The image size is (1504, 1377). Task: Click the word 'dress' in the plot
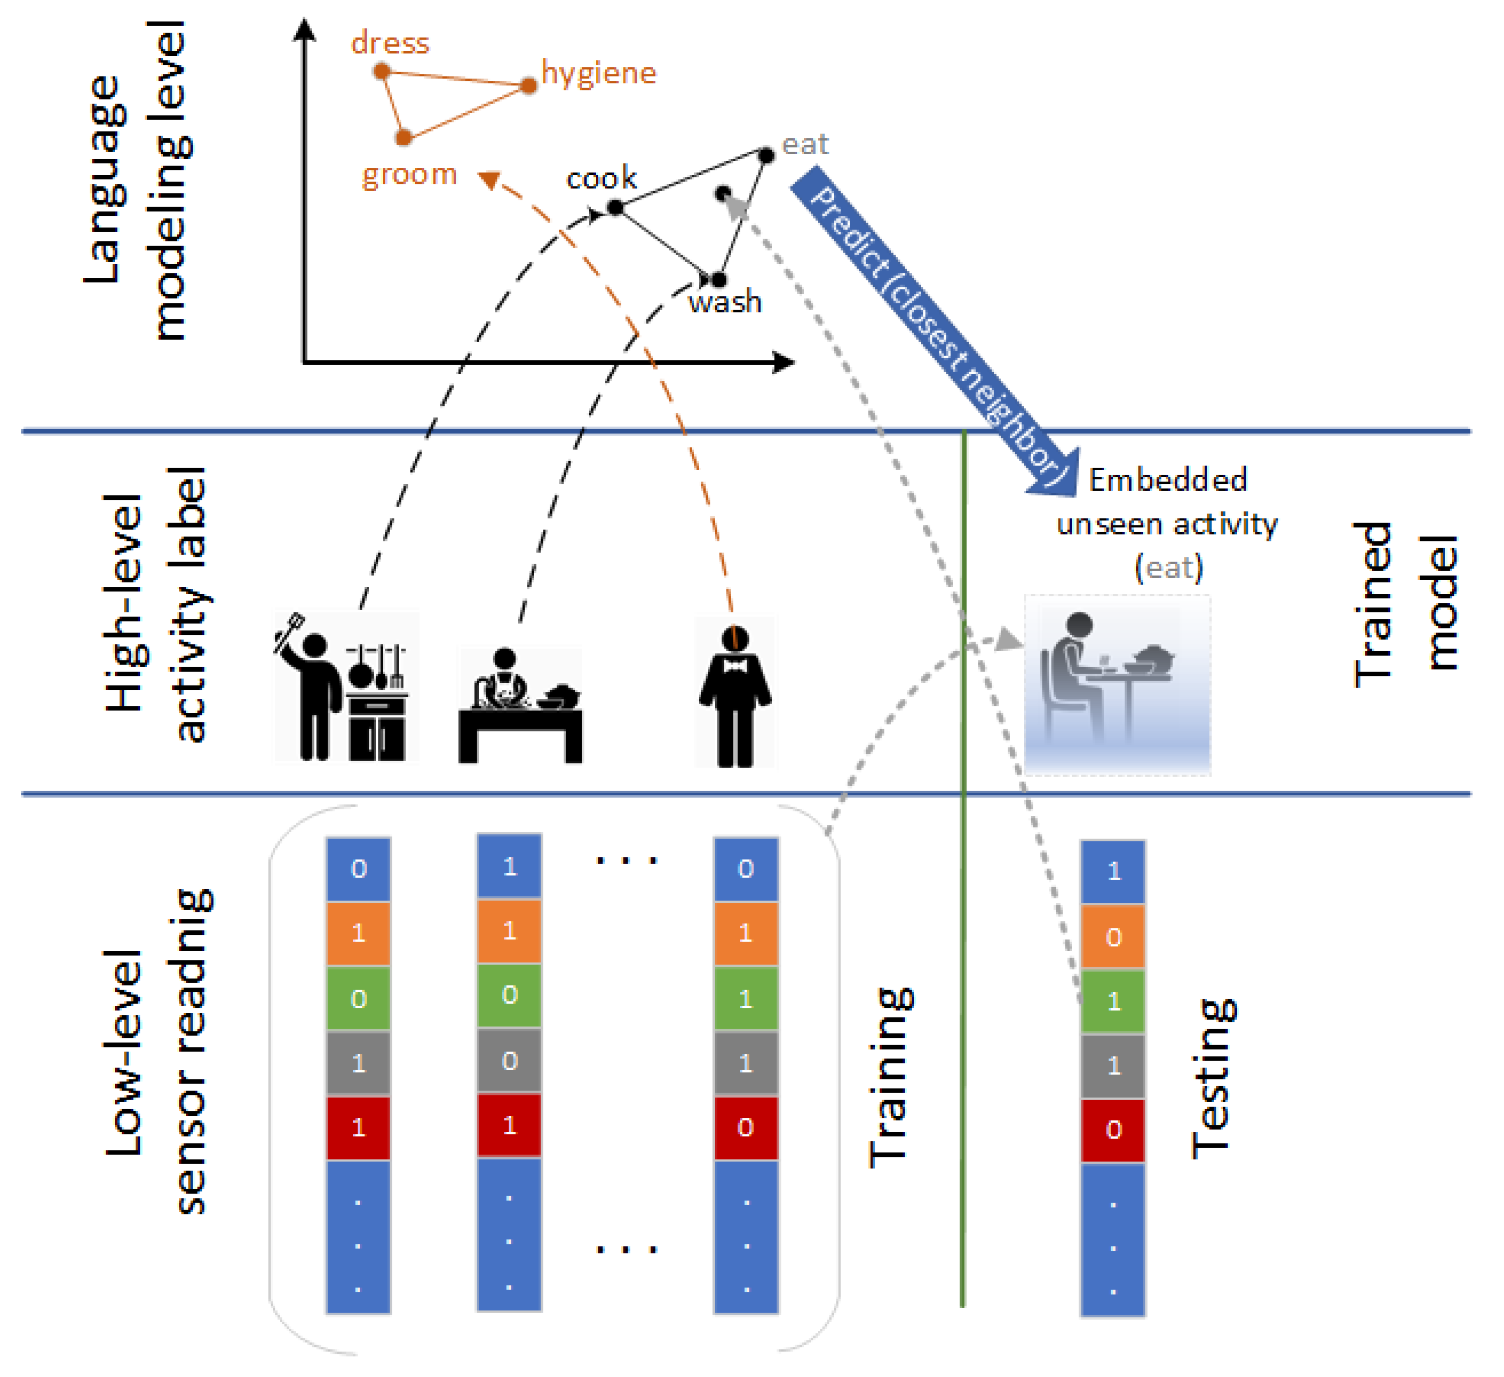(x=390, y=43)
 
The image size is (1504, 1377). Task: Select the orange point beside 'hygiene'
(x=529, y=86)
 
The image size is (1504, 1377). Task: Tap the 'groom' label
(x=409, y=174)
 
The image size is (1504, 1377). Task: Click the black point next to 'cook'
(x=615, y=208)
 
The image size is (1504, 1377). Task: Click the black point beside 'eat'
(x=766, y=156)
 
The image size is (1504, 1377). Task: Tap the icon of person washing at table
(x=520, y=705)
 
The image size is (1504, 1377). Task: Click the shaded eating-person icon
(x=1117, y=684)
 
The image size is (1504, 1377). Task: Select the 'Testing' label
(x=1212, y=1079)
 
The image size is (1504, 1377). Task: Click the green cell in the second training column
(x=509, y=995)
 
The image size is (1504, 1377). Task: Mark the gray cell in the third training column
(x=745, y=1064)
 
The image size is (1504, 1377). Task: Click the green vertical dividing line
(x=963, y=895)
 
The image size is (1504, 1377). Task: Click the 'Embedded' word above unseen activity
(x=1167, y=480)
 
